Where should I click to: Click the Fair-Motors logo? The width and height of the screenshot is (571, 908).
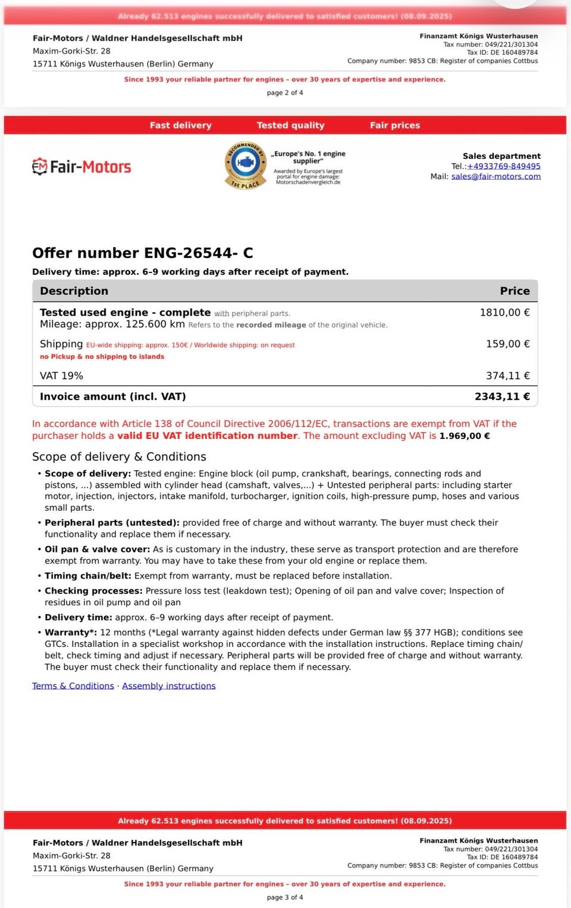81,166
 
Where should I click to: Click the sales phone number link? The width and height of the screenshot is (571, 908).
504,166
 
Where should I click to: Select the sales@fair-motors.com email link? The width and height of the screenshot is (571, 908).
496,177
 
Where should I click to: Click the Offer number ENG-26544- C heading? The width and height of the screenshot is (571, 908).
143,253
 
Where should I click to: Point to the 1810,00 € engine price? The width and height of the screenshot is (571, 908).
504,313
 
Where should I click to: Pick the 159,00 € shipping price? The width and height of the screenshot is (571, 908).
507,344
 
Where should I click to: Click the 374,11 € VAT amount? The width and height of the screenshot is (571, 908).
507,376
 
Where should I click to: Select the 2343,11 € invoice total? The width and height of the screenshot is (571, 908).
502,397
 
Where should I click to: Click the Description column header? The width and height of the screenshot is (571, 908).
74,291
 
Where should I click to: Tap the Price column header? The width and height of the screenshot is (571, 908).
514,291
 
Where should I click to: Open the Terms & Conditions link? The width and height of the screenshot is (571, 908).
73,686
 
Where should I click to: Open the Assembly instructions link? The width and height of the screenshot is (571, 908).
169,686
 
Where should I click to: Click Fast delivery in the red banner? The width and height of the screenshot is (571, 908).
180,125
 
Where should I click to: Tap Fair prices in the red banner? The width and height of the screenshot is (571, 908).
395,125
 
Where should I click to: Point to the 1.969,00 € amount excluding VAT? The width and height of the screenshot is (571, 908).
465,436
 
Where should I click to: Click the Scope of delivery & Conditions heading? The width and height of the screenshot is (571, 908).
119,457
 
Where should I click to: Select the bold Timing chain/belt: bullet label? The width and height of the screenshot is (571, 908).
88,576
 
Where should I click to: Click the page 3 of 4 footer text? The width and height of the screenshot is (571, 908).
285,897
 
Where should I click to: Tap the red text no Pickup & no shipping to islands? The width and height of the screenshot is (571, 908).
102,357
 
